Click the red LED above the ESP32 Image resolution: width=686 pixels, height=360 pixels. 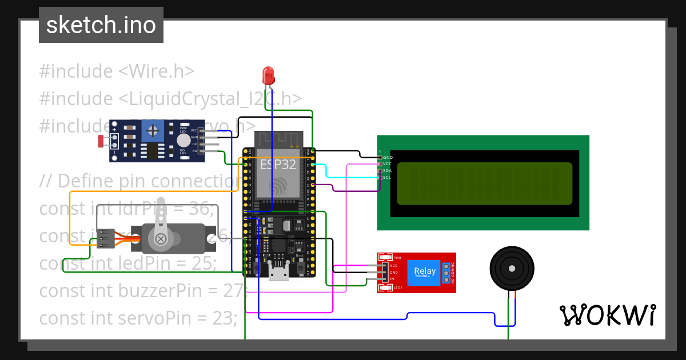point(268,75)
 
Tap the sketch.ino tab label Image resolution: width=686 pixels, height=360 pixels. point(101,25)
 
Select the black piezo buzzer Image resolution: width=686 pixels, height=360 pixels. point(512,269)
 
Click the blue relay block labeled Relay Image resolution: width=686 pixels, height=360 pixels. point(424,273)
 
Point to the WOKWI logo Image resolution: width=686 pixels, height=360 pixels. point(607,315)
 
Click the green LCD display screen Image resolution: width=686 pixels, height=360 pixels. point(484,183)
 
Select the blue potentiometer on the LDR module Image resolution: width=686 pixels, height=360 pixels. point(152,130)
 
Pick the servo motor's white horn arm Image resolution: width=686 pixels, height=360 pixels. point(162,220)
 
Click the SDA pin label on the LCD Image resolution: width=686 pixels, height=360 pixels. point(387,171)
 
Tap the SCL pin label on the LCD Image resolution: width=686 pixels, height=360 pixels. point(387,178)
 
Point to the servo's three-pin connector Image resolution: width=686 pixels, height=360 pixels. point(105,238)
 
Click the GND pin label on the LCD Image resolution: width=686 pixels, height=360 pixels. point(388,157)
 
